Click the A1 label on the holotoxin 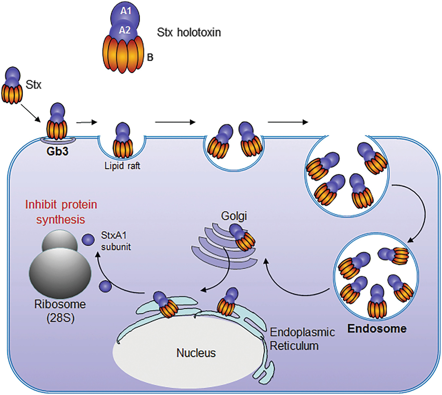click(x=126, y=11)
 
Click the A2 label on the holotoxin click(x=125, y=30)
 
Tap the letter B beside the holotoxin click(x=150, y=58)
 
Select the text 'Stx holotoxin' click(x=189, y=32)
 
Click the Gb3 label click(x=57, y=151)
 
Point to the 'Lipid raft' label click(x=122, y=166)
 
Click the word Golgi click(x=234, y=216)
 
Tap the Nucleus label click(x=196, y=353)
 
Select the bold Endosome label click(x=377, y=328)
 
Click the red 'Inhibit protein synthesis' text click(x=61, y=212)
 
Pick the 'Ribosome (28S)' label click(x=60, y=311)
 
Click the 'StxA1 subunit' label click(x=115, y=241)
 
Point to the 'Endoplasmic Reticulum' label click(x=302, y=339)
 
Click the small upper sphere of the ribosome click(x=60, y=241)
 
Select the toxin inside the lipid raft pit click(x=123, y=140)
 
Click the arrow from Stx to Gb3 click(x=31, y=113)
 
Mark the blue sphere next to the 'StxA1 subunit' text click(x=88, y=240)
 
